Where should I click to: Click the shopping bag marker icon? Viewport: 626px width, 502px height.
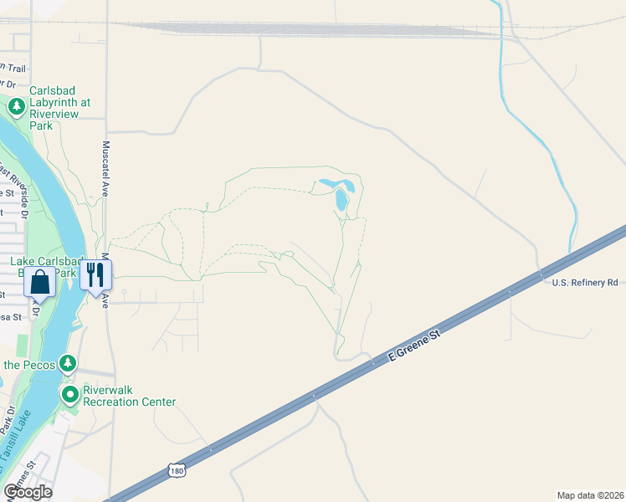40,282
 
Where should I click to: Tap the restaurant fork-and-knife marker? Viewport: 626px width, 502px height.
95,274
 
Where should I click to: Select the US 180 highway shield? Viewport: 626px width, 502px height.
175,472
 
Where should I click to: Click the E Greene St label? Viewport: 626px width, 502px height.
414,346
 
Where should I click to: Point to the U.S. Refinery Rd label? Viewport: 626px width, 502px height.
584,283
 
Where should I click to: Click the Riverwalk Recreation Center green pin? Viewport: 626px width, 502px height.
69,392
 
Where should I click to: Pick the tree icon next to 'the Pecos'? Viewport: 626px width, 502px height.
68,364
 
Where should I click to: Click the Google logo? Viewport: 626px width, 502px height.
28,492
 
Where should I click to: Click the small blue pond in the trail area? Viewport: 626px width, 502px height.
341,198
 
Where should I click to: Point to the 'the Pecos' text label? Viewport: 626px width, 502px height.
28,365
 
